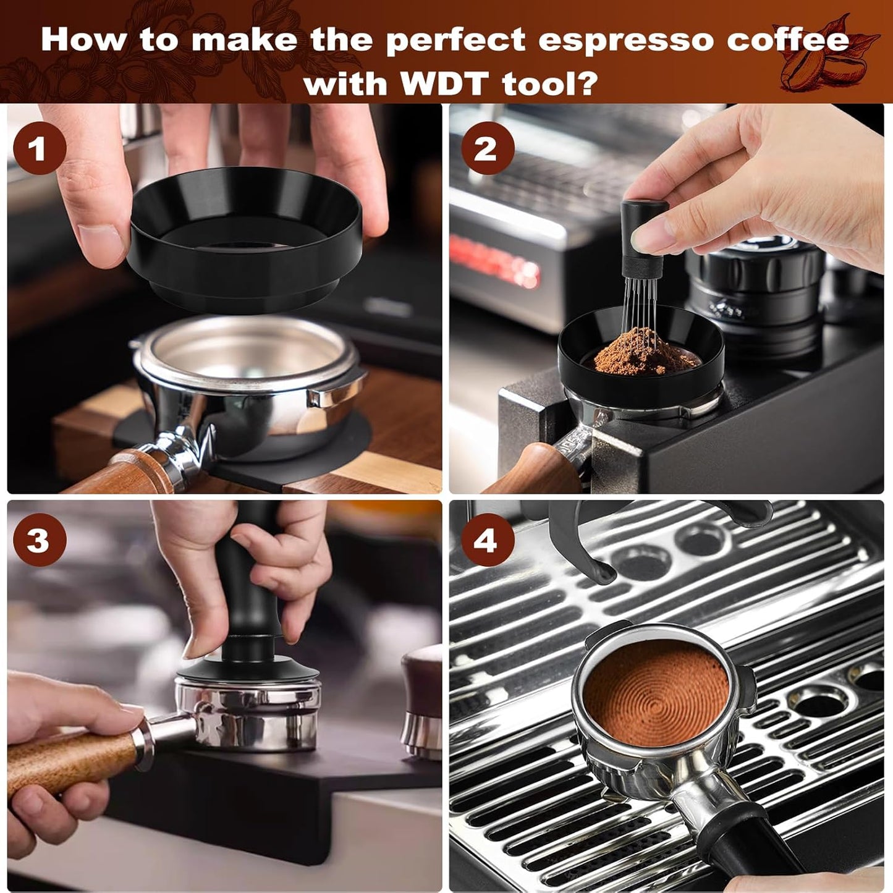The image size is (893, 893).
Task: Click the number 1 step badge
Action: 40,149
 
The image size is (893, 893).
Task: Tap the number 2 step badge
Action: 485,149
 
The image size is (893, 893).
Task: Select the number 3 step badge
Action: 40,540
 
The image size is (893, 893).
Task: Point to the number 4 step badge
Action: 485,540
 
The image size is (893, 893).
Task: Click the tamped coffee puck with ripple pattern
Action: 656,692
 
